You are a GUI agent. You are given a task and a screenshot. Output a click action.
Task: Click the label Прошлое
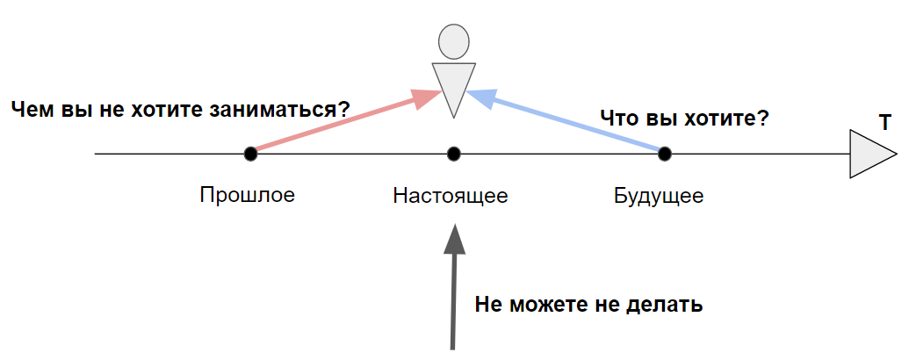point(247,194)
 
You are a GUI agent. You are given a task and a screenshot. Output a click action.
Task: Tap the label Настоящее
point(451,195)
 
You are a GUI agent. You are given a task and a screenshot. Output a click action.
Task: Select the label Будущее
point(659,195)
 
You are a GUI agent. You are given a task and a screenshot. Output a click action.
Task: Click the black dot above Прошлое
point(250,154)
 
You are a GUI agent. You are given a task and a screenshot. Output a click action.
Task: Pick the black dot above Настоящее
point(453,154)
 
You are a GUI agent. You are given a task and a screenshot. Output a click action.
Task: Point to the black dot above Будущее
point(665,154)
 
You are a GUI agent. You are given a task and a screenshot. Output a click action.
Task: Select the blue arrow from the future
point(571,122)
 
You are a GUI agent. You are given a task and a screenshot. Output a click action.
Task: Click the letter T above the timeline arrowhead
point(885,123)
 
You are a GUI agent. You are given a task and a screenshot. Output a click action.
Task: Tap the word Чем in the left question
point(31,110)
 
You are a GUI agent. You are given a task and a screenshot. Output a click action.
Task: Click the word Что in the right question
point(617,119)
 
